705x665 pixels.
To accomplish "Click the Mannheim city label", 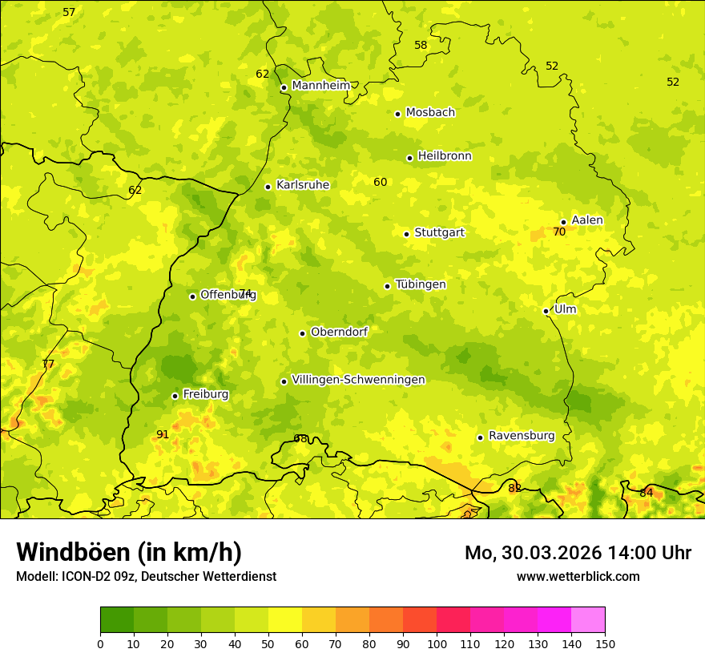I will coord(320,86).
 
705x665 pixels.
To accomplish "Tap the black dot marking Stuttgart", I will coord(406,234).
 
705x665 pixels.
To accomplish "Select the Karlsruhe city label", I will coord(302,185).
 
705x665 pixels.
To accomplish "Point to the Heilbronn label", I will coord(445,156).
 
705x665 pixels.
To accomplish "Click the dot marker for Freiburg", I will coord(175,396).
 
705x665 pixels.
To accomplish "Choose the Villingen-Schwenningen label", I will coord(358,380).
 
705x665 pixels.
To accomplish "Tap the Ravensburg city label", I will coord(522,436).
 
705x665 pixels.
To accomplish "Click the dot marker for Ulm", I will coord(546,311).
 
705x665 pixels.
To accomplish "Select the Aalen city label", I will coord(587,220).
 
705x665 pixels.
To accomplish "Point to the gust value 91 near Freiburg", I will coord(163,434).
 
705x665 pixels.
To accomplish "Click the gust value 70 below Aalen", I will coord(559,232).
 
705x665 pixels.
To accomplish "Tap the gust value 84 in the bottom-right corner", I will coord(646,493).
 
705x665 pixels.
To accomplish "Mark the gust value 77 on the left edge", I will coord(48,364).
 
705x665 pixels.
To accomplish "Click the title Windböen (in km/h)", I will coord(129,552).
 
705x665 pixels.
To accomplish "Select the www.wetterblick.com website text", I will coord(578,576).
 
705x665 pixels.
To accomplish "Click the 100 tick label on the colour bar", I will coord(437,643).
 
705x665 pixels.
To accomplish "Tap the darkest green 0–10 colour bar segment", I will coord(117,619).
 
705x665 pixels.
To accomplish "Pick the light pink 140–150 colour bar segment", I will coord(588,619).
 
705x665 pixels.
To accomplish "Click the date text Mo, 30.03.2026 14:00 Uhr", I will coord(578,553).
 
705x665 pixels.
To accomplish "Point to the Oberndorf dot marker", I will coord(302,333).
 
